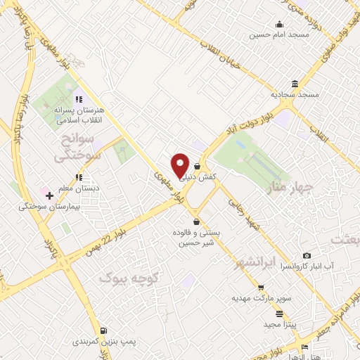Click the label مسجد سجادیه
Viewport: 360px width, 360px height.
[297, 94]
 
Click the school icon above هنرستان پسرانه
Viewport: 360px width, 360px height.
[79, 99]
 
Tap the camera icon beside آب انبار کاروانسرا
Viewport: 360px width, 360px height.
[307, 255]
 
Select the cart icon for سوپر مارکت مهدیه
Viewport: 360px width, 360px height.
[261, 288]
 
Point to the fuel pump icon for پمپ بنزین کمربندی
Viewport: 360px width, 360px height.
[104, 330]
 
